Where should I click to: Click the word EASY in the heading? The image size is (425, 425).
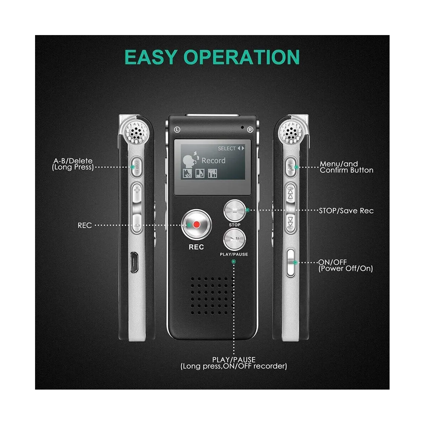point(151,57)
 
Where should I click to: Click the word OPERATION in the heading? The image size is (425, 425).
point(242,57)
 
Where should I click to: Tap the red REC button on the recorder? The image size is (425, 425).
point(197,225)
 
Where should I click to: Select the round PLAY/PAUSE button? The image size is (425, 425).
point(234,239)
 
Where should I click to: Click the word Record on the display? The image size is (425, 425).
point(213,160)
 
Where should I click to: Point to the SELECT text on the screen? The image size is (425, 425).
point(227,148)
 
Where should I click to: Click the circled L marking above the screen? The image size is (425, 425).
point(177,130)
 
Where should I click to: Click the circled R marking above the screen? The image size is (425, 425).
point(250,130)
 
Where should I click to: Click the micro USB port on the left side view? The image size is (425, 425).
point(134,262)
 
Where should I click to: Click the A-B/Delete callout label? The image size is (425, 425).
point(73,164)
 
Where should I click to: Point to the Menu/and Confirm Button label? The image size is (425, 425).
point(346,167)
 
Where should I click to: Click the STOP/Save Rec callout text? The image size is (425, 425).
point(346,211)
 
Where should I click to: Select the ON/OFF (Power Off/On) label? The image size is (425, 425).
point(345,265)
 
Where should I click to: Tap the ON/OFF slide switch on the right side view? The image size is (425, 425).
point(290,262)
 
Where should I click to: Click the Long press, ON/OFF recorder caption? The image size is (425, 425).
point(234,366)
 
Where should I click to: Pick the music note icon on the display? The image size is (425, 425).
point(200,173)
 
